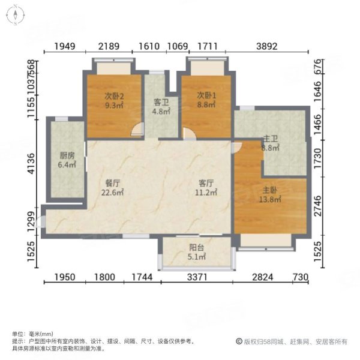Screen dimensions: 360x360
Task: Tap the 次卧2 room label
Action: click(114, 95)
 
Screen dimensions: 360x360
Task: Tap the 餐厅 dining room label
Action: click(113, 184)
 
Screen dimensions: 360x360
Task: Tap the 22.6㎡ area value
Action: click(113, 193)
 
